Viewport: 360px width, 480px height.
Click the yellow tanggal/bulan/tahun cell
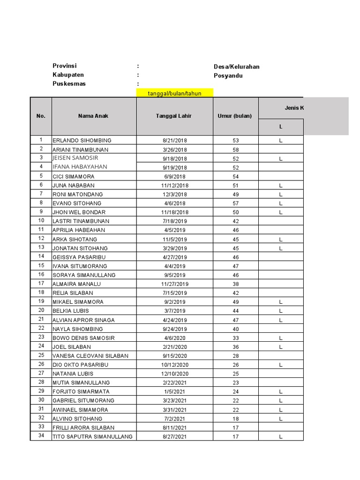pos(174,93)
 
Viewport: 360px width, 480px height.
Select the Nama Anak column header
pos(93,116)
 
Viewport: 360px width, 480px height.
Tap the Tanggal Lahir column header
pos(174,116)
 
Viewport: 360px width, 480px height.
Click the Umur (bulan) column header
pos(235,116)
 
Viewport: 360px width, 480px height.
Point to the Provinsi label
pos(65,66)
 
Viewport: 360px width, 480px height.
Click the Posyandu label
pos(228,75)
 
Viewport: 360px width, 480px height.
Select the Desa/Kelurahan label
pos(236,67)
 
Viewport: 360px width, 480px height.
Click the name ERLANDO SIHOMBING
pos(82,141)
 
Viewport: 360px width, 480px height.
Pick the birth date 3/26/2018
pos(174,150)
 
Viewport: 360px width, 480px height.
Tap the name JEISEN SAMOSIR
pos(75,158)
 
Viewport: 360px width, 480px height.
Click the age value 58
pos(235,150)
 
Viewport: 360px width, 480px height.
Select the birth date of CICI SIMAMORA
pos(174,177)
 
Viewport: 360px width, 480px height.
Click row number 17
pos(41,284)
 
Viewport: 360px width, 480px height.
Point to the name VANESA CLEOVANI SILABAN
pos(90,356)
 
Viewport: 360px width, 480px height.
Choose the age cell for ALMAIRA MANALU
pos(235,284)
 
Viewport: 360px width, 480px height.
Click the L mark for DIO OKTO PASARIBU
pos(281,365)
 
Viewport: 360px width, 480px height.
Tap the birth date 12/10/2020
pos(174,374)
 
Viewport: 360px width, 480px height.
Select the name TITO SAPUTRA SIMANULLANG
pos(92,436)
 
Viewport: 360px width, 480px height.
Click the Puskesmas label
pos(69,84)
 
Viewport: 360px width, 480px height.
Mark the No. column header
pos(41,116)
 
